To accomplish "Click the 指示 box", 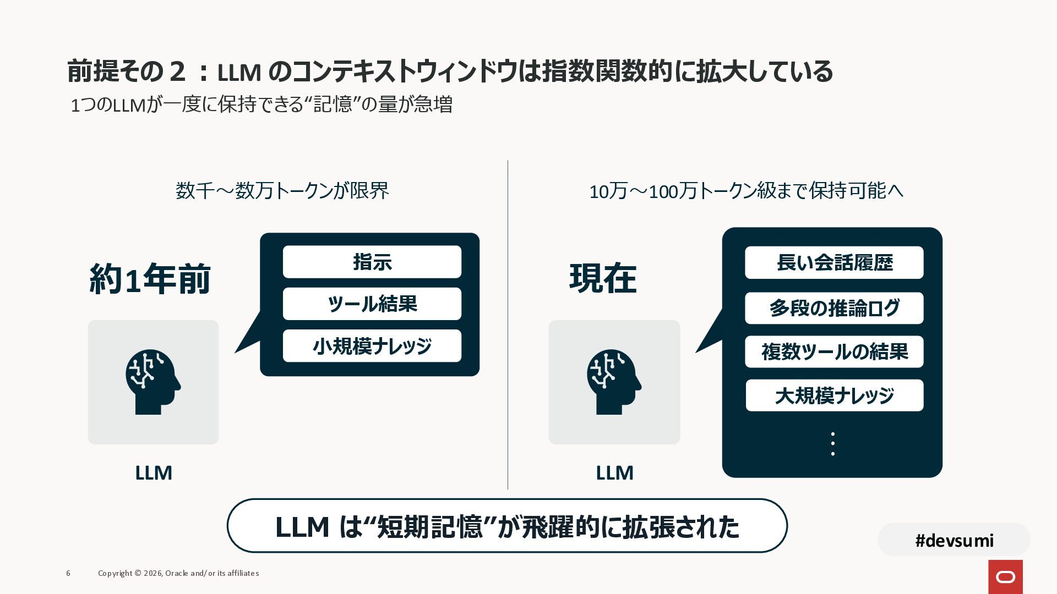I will tap(372, 262).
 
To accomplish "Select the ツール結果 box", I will tap(372, 304).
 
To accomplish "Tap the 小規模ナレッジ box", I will tap(372, 346).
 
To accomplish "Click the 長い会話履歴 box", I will tap(834, 262).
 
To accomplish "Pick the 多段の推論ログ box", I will tap(834, 308).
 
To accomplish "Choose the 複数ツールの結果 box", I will tap(834, 351).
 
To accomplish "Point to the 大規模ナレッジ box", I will tap(834, 395).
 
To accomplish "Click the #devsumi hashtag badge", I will tap(954, 540).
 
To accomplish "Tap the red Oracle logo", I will tap(1005, 576).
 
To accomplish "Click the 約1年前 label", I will tap(150, 279).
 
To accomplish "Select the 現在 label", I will tap(603, 278).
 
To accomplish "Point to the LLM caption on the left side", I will tap(154, 473).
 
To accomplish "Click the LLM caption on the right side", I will tap(614, 473).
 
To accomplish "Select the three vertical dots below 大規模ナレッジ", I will tap(832, 444).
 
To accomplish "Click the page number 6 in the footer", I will tap(68, 573).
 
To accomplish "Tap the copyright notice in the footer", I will tap(178, 573).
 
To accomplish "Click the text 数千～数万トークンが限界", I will tap(282, 191).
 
